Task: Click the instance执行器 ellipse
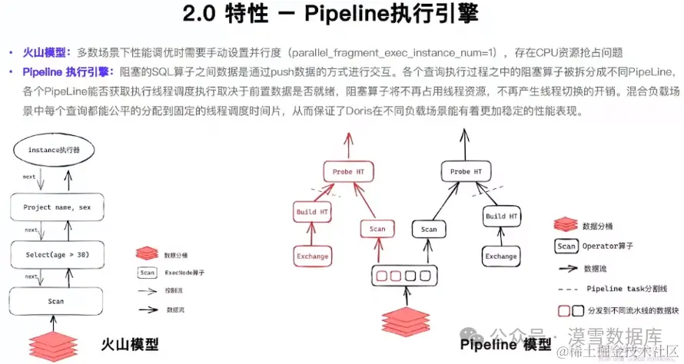pyautogui.click(x=53, y=151)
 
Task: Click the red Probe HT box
pyautogui.click(x=348, y=171)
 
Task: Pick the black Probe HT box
pyautogui.click(x=466, y=171)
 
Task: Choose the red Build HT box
pyautogui.click(x=311, y=210)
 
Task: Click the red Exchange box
pyautogui.click(x=312, y=256)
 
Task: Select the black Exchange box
pyautogui.click(x=500, y=256)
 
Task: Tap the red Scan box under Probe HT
pyautogui.click(x=377, y=229)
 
